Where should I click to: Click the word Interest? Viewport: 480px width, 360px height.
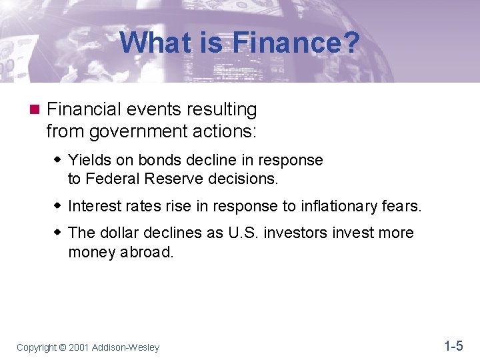click(x=92, y=207)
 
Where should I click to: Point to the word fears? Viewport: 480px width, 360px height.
click(x=402, y=207)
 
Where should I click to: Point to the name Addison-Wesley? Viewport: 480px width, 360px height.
click(x=126, y=347)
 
